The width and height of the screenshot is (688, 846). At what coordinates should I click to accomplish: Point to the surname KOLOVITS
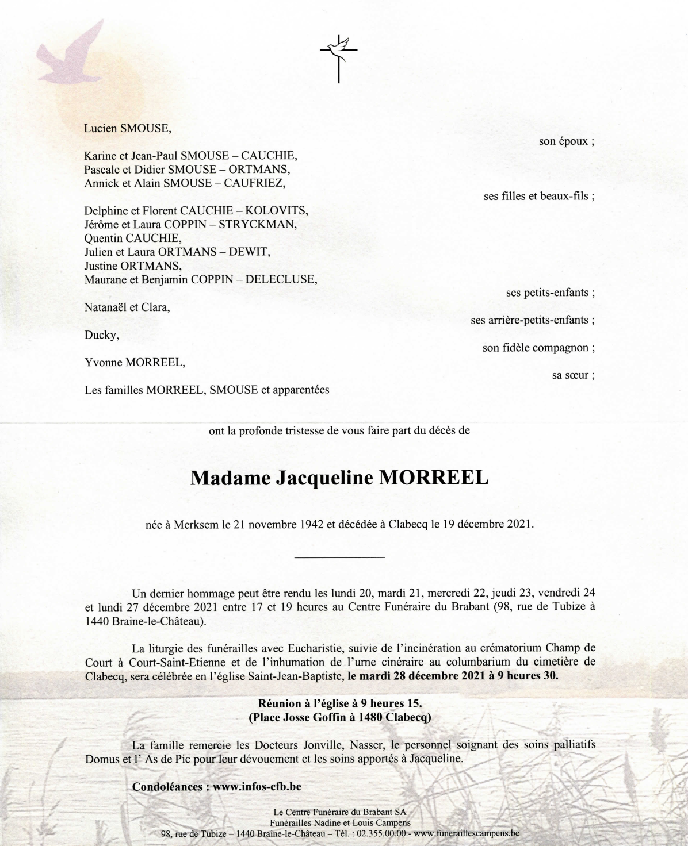click(277, 210)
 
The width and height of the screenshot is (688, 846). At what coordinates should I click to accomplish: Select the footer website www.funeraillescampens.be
click(467, 833)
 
